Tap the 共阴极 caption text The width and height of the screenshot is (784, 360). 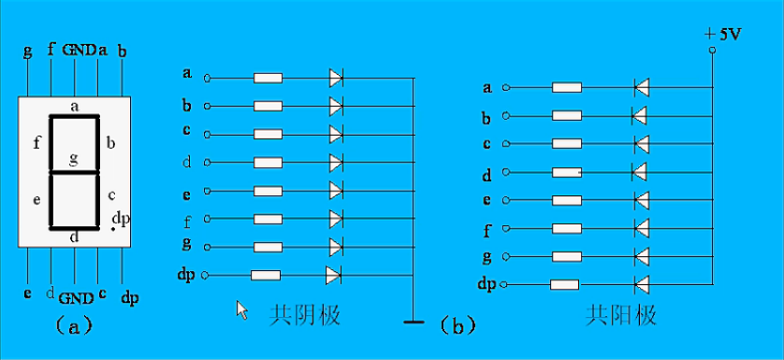(x=304, y=315)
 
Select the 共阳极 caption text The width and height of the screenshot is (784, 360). (x=621, y=315)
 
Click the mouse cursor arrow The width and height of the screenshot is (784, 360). (x=241, y=310)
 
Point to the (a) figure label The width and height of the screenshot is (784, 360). (x=74, y=325)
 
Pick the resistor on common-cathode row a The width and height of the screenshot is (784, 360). (x=269, y=78)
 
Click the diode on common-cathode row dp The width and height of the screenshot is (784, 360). (x=333, y=275)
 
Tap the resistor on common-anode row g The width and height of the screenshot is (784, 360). (x=566, y=255)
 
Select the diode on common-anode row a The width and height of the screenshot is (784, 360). (x=642, y=88)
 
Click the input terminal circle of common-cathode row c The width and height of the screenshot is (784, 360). (x=207, y=134)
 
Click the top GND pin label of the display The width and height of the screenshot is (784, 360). (x=79, y=50)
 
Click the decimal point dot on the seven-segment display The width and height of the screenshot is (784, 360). (x=113, y=229)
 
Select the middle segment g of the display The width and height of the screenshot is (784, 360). (x=75, y=171)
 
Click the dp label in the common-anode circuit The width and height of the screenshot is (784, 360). (x=486, y=283)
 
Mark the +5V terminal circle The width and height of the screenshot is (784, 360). (x=711, y=49)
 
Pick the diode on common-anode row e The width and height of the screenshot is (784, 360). (x=642, y=200)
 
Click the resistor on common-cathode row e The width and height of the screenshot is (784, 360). (x=269, y=191)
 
